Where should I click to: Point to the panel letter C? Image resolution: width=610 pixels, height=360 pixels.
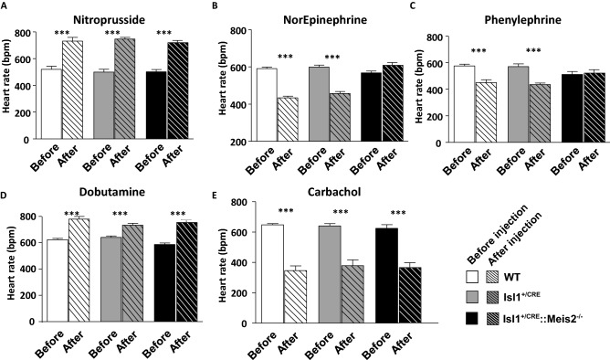415,5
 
